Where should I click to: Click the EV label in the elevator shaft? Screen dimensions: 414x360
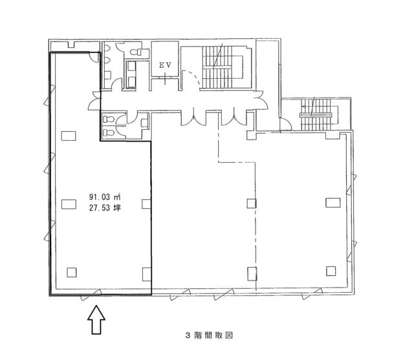[166, 65]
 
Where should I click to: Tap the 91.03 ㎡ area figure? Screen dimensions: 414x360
[105, 196]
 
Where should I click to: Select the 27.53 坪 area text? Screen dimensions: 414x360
[105, 208]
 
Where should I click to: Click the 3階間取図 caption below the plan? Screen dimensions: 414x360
[210, 335]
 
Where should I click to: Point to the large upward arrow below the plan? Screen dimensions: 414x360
[96, 320]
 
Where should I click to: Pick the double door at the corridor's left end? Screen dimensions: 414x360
[94, 100]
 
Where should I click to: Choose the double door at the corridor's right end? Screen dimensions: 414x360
[262, 100]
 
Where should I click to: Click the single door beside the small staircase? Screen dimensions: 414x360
[286, 125]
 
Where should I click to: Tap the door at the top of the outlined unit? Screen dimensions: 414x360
[94, 57]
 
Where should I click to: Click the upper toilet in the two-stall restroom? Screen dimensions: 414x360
[109, 120]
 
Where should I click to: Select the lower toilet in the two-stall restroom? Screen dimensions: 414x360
[109, 132]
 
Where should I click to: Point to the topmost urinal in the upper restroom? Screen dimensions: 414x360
[107, 48]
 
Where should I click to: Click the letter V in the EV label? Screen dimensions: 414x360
[169, 65]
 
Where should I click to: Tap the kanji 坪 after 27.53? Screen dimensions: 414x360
[117, 208]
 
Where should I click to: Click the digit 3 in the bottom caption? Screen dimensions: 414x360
[188, 335]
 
